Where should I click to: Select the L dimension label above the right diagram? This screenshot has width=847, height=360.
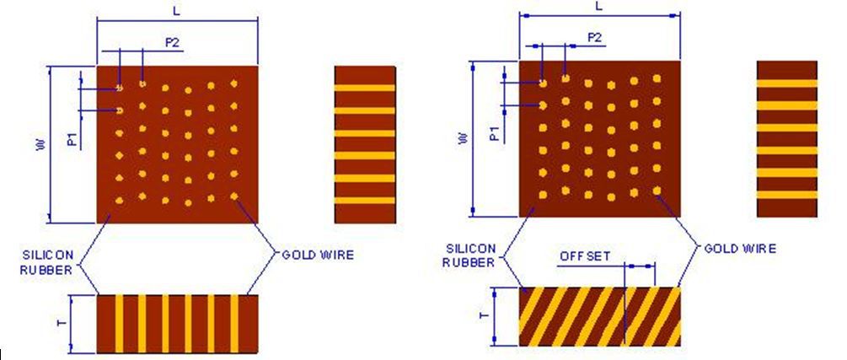click(x=598, y=6)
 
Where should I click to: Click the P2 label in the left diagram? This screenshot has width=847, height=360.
click(x=172, y=43)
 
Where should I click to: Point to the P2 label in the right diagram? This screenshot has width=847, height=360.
click(x=594, y=37)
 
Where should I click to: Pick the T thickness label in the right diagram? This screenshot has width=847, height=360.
click(x=482, y=316)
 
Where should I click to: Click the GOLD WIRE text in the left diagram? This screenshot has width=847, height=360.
click(x=318, y=254)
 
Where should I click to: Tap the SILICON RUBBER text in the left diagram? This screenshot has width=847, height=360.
click(x=53, y=261)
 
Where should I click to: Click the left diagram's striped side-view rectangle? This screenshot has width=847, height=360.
click(x=365, y=144)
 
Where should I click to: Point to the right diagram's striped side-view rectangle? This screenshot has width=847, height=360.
click(x=787, y=139)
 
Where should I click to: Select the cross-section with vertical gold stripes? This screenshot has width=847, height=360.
click(x=177, y=324)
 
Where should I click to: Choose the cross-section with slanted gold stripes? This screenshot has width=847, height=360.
click(x=599, y=316)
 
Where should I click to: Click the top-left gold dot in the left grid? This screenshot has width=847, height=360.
click(x=121, y=87)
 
